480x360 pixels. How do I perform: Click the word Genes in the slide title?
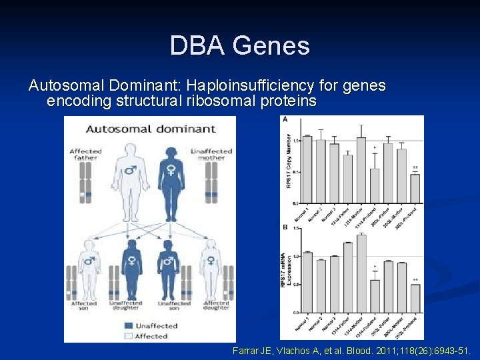(x=273, y=46)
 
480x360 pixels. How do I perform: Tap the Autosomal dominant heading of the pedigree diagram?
(x=151, y=129)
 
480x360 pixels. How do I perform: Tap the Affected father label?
(x=86, y=155)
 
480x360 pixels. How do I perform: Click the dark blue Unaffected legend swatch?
(x=130, y=326)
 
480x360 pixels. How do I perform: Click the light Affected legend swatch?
(x=130, y=336)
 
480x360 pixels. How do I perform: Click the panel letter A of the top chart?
(x=285, y=119)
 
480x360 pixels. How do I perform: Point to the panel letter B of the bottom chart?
(x=285, y=227)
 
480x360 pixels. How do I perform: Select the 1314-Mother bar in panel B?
(x=361, y=273)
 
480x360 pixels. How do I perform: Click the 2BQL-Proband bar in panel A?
(x=415, y=188)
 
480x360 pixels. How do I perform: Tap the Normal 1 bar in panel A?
(x=307, y=169)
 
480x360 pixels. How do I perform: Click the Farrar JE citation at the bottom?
(x=352, y=349)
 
